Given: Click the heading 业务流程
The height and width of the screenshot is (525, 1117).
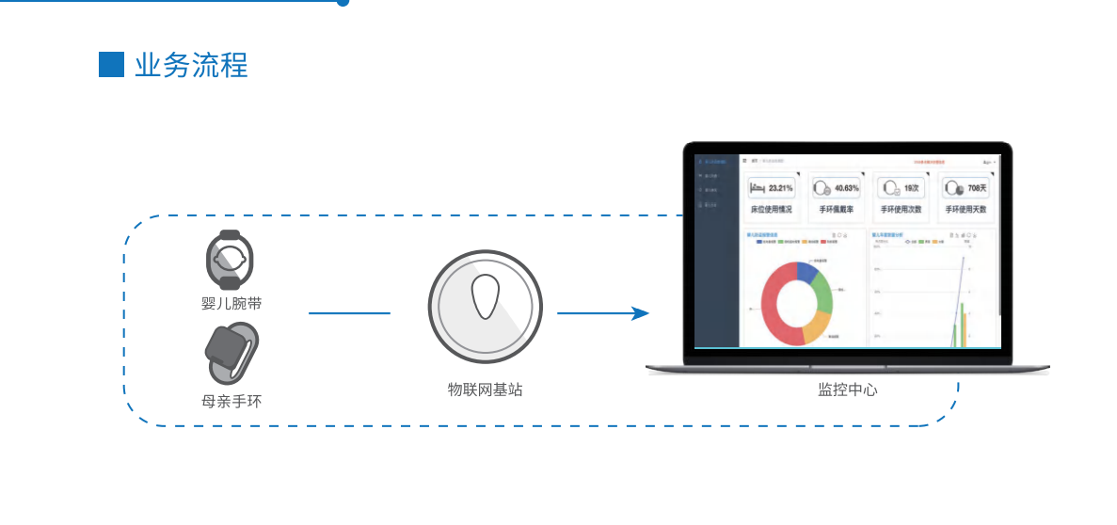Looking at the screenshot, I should coord(191,66).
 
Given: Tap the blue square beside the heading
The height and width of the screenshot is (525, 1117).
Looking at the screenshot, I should coord(111,65).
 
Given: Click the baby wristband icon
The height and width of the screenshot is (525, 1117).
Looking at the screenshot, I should coord(230,259).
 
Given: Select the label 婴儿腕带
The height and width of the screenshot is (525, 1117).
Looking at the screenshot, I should coord(231,303).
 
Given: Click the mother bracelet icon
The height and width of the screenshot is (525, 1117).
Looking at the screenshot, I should coord(231,355).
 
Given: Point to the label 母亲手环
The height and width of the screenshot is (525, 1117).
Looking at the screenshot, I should coord(231,401).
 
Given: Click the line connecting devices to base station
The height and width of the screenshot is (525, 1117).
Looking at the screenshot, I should coord(349,313).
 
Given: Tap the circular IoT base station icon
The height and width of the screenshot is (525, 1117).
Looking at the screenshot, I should coord(486,307).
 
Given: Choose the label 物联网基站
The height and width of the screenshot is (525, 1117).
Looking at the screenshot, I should coord(485,389).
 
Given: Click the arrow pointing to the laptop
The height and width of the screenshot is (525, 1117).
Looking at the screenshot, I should coord(602,313).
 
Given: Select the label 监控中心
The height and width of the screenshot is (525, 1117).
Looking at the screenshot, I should coord(847,389).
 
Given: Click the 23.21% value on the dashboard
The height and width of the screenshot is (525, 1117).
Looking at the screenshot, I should coord(780,188).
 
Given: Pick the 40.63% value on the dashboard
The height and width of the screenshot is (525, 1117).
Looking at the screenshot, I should coord(846,188).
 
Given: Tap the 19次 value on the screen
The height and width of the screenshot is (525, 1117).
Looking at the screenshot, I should coord(911,188).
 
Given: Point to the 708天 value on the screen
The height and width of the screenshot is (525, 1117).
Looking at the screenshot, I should coord(976,188).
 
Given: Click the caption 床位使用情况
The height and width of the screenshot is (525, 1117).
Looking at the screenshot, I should coord(771,209).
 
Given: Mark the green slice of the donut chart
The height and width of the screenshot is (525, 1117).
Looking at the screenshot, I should coord(822,294).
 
